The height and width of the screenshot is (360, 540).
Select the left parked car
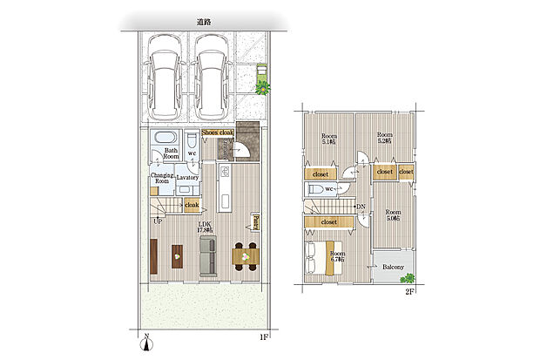tap(165, 77)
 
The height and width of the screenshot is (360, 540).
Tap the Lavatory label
tap(188, 177)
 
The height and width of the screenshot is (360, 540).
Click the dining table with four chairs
tap(246, 255)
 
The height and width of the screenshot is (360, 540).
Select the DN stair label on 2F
tap(361, 207)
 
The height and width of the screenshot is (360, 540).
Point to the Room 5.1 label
tap(329, 139)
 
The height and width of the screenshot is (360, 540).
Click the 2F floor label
tap(408, 292)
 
